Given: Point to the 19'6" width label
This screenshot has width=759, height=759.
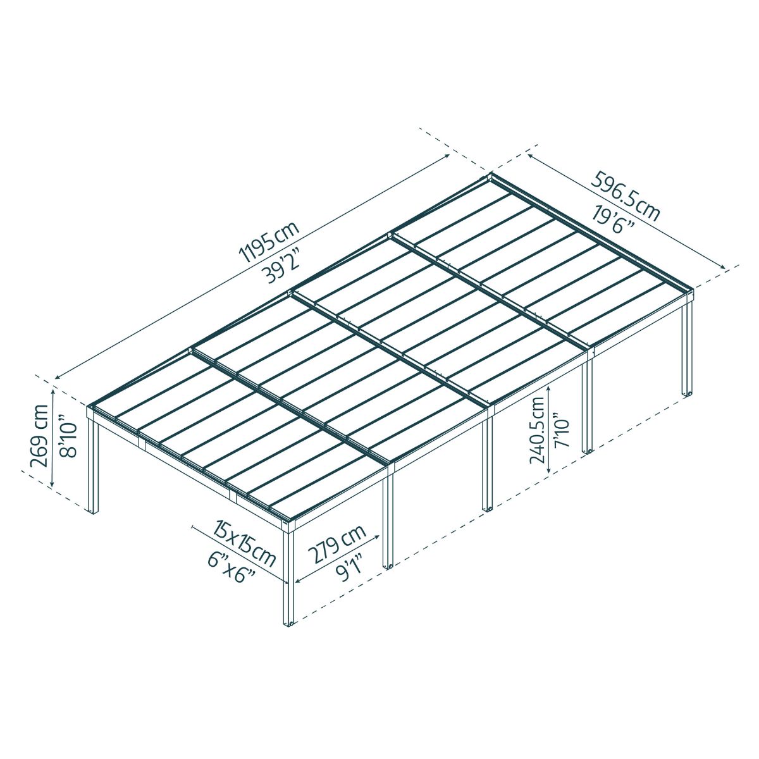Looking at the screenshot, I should point(614,218).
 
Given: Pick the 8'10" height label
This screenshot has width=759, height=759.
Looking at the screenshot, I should point(67,436).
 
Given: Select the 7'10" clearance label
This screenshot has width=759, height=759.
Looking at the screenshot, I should point(562,430).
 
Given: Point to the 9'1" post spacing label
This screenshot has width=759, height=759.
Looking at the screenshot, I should point(349,568).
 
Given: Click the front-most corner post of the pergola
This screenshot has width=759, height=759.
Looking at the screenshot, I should point(288,576).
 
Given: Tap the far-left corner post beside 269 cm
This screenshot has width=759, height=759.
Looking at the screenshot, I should point(94,468).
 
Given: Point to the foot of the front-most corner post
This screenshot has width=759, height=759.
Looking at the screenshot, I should point(288,622).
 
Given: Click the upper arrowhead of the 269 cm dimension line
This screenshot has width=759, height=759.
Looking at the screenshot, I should point(53,390).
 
